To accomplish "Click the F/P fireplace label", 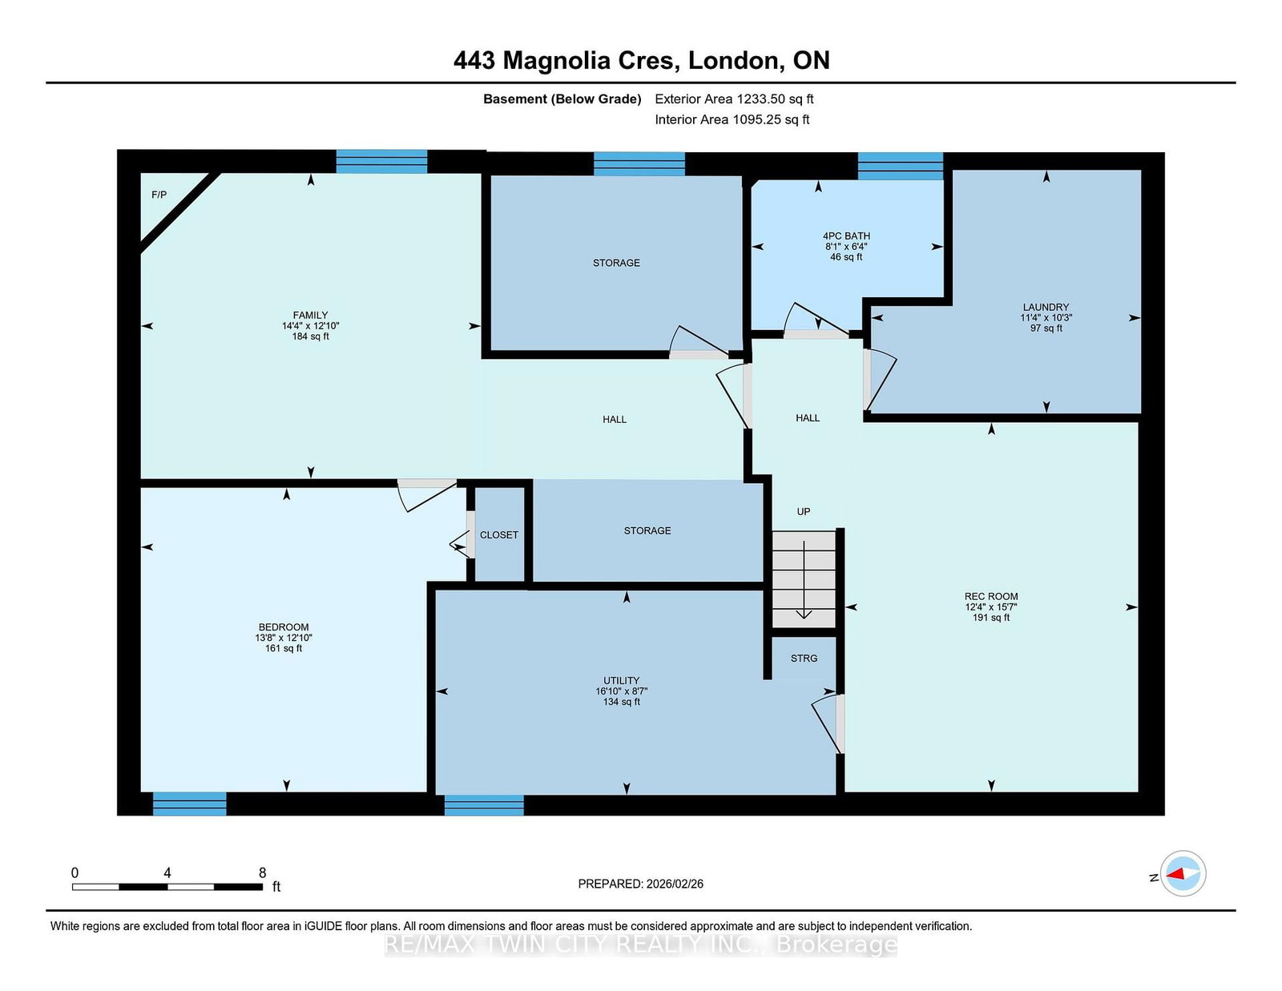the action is coord(159,195).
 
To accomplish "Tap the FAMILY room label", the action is coord(310,315).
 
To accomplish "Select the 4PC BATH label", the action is coord(847,236).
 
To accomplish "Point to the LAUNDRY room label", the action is coord(1046,307).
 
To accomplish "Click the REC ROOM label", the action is coord(991,596).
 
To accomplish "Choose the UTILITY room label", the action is coord(621,680).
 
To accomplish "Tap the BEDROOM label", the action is coord(284,627).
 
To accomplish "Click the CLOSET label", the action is coord(499,535).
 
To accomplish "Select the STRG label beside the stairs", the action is coord(804,659).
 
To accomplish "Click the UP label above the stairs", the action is coord(804,511).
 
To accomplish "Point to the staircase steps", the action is coord(804,578).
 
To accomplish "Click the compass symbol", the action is coord(1183,873).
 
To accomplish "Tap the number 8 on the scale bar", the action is coord(263,872).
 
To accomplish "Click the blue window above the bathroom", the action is coord(901,166).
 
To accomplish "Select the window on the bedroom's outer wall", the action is coord(189,804).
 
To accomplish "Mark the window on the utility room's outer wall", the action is coord(484,805).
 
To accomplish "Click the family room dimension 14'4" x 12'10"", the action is coord(310,325).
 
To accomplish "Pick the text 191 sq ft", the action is coord(991,618).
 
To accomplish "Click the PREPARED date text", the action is coord(641,884).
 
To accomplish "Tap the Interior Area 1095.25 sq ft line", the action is coord(732,119).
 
